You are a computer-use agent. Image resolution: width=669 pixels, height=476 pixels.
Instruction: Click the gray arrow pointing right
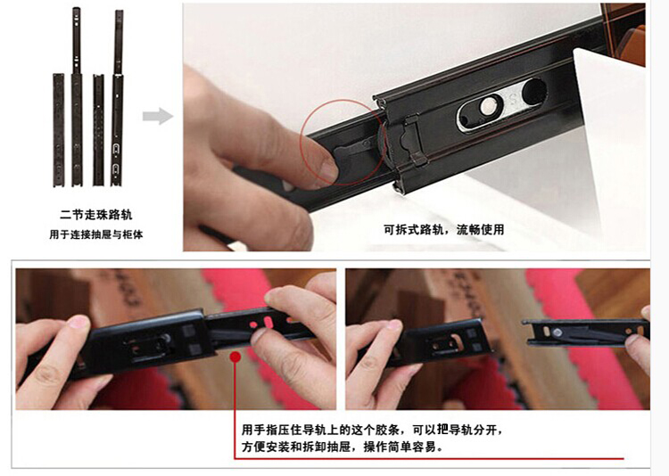click(x=157, y=116)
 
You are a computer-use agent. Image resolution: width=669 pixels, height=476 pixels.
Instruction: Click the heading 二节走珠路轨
click(x=96, y=215)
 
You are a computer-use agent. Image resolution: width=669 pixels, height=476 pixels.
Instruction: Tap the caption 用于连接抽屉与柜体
click(x=96, y=234)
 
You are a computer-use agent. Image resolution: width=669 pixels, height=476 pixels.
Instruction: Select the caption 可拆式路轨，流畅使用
click(x=443, y=230)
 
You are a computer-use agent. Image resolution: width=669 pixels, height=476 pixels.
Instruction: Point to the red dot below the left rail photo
click(x=235, y=357)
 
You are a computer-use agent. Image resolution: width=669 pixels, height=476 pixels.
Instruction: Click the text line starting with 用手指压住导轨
click(x=372, y=429)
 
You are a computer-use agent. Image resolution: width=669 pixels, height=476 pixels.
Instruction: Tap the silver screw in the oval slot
click(x=486, y=106)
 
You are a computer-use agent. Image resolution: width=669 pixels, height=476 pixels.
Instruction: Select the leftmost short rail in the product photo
click(x=59, y=130)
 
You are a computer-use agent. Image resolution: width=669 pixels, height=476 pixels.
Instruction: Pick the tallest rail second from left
click(x=77, y=97)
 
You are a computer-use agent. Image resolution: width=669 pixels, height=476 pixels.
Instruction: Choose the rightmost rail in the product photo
click(x=118, y=98)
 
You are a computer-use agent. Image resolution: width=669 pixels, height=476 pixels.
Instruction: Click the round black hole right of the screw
click(x=533, y=92)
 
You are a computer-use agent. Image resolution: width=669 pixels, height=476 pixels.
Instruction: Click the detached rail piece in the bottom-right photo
click(x=587, y=332)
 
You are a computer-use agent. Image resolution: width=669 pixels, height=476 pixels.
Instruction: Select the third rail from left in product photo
click(x=98, y=130)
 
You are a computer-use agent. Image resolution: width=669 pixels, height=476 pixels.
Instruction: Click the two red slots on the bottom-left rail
click(x=261, y=323)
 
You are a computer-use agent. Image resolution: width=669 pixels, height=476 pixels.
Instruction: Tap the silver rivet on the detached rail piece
click(x=557, y=332)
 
